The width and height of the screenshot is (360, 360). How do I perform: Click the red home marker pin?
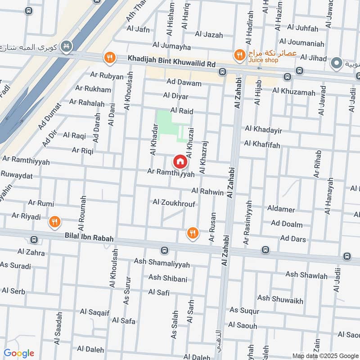(180, 161)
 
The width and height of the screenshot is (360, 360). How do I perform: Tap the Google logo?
(18, 353)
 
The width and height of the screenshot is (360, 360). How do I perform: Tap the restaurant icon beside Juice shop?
(239, 55)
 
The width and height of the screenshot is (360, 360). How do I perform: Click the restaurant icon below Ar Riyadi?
(54, 221)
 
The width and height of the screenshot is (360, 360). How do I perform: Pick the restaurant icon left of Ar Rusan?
(193, 233)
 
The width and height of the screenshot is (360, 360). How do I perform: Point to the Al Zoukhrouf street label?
(174, 203)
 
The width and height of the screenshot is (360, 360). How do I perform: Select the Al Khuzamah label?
(294, 92)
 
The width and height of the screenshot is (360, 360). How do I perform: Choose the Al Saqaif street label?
(94, 311)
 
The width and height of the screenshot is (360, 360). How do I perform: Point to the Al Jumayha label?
(171, 46)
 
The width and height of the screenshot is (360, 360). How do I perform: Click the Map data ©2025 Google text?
(325, 355)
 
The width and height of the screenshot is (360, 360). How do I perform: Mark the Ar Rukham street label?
(93, 89)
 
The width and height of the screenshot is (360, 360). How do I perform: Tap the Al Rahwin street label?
(207, 192)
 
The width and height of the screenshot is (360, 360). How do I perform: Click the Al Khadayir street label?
(263, 130)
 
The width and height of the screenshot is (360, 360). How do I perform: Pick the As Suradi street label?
(16, 265)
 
